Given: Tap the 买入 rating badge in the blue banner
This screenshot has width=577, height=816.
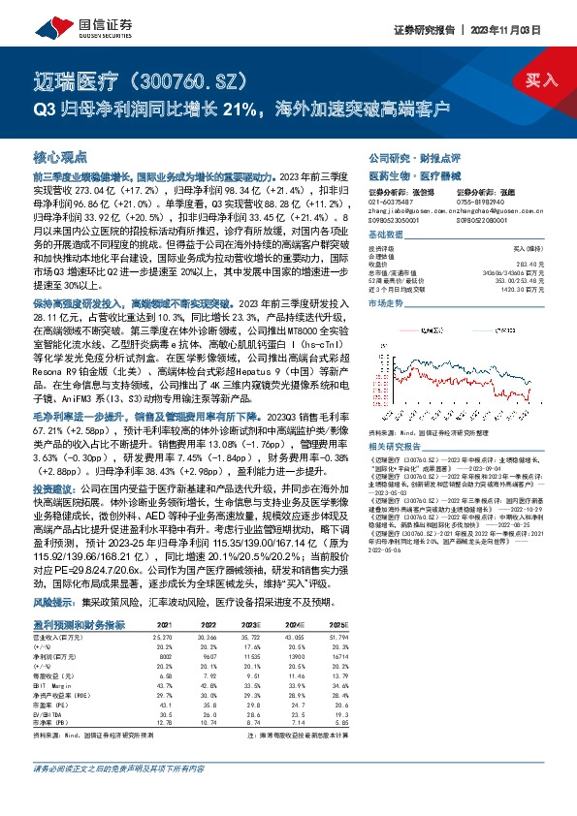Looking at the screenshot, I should coord(541,82).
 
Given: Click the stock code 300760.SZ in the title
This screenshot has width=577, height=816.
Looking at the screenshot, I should coord(207,78).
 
